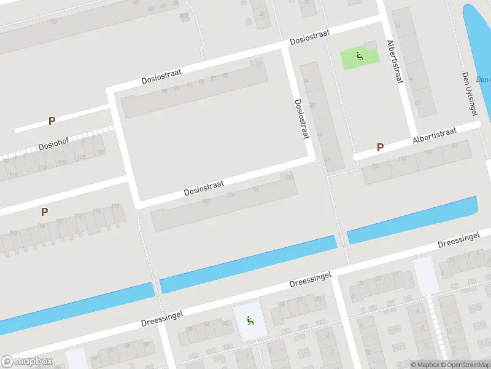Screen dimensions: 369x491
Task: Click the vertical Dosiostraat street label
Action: click(301, 119)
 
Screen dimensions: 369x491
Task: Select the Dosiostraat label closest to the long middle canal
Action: click(204, 188)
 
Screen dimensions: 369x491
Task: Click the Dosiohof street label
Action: click(53, 143)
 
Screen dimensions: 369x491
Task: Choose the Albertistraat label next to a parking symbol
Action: click(435, 136)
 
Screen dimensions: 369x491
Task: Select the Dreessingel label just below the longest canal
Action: click(311, 280)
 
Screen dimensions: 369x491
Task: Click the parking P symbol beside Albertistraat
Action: click(380, 148)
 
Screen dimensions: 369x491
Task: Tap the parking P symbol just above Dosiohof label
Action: click(52, 121)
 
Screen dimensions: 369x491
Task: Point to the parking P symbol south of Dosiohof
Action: click(44, 212)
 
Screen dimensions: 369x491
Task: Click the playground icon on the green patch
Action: click(360, 57)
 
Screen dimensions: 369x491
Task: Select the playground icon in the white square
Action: click(250, 320)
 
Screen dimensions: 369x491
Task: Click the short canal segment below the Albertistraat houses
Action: click(411, 220)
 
